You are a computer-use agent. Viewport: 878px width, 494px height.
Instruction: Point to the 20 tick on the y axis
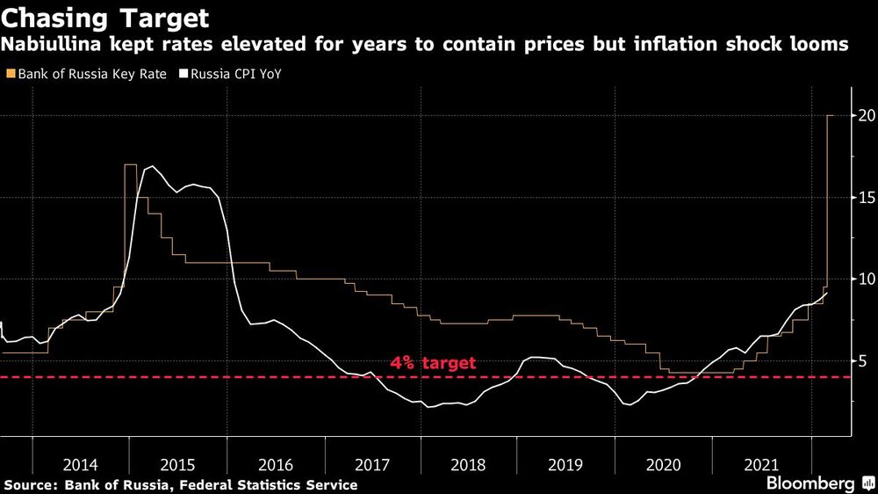coord(866,116)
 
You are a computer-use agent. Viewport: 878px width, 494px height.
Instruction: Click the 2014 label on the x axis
coord(80,463)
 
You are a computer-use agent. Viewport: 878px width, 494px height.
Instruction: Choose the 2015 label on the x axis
coord(178,463)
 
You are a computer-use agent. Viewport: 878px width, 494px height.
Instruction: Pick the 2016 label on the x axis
coord(276,463)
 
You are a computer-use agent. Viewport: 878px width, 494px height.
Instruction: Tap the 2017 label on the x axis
coord(372,463)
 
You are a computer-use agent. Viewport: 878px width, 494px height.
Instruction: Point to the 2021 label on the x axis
coord(760,463)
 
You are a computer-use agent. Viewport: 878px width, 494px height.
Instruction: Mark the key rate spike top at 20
coord(831,116)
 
